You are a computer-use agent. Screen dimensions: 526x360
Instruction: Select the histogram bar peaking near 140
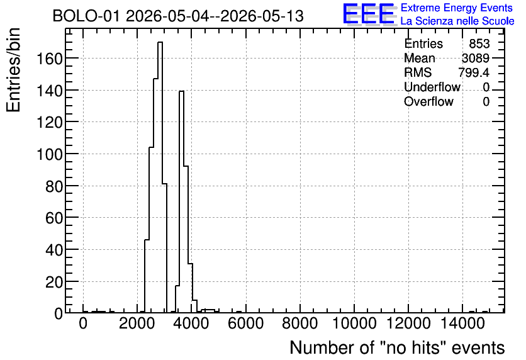181,201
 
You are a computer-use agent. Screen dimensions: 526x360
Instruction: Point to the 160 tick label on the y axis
50,59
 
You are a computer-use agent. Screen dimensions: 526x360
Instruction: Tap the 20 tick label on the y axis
54,283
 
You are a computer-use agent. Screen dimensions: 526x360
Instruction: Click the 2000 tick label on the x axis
137,323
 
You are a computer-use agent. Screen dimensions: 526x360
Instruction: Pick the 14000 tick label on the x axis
462,323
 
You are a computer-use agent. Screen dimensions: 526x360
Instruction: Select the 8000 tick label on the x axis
300,323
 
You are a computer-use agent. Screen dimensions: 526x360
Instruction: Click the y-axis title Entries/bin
14,70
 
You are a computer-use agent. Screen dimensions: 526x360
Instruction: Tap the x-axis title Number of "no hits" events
397,347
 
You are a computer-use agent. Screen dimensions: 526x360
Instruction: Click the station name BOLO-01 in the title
86,16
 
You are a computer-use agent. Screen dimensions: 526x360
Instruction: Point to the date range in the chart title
215,16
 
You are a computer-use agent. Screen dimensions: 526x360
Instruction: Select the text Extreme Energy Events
457,8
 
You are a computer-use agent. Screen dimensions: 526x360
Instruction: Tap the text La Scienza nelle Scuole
457,21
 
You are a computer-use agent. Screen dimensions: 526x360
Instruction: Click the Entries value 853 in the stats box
479,43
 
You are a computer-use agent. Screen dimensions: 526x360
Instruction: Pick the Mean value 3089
476,58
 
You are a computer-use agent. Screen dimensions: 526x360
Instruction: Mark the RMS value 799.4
474,72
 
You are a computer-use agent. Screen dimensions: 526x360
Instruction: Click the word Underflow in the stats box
432,87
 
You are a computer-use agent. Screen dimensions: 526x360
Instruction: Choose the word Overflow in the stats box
428,101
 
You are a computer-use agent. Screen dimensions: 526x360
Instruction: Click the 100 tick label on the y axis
50,155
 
